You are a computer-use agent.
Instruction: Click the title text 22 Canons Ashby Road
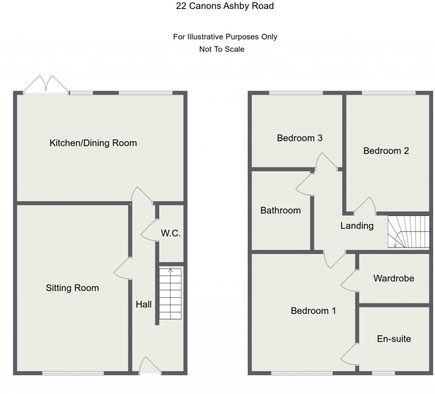[x=225, y=6]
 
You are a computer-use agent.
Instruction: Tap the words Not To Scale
[x=222, y=49]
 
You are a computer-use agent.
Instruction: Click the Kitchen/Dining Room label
[x=93, y=143]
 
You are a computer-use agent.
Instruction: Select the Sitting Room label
[x=72, y=288]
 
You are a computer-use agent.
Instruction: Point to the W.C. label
[x=171, y=233]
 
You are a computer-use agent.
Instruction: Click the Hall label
[x=144, y=304]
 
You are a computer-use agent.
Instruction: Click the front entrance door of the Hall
[x=150, y=366]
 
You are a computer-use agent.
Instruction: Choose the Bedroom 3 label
[x=299, y=138]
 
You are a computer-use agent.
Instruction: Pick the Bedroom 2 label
[x=386, y=151]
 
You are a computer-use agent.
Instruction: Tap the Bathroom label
[x=280, y=210]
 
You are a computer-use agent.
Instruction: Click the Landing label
[x=357, y=226]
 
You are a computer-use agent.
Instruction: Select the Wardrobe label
[x=393, y=278]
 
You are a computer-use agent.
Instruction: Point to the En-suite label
[x=394, y=339]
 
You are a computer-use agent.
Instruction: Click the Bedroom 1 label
[x=313, y=311]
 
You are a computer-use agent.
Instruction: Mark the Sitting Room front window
[x=73, y=373]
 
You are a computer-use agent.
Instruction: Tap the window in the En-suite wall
[x=383, y=373]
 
